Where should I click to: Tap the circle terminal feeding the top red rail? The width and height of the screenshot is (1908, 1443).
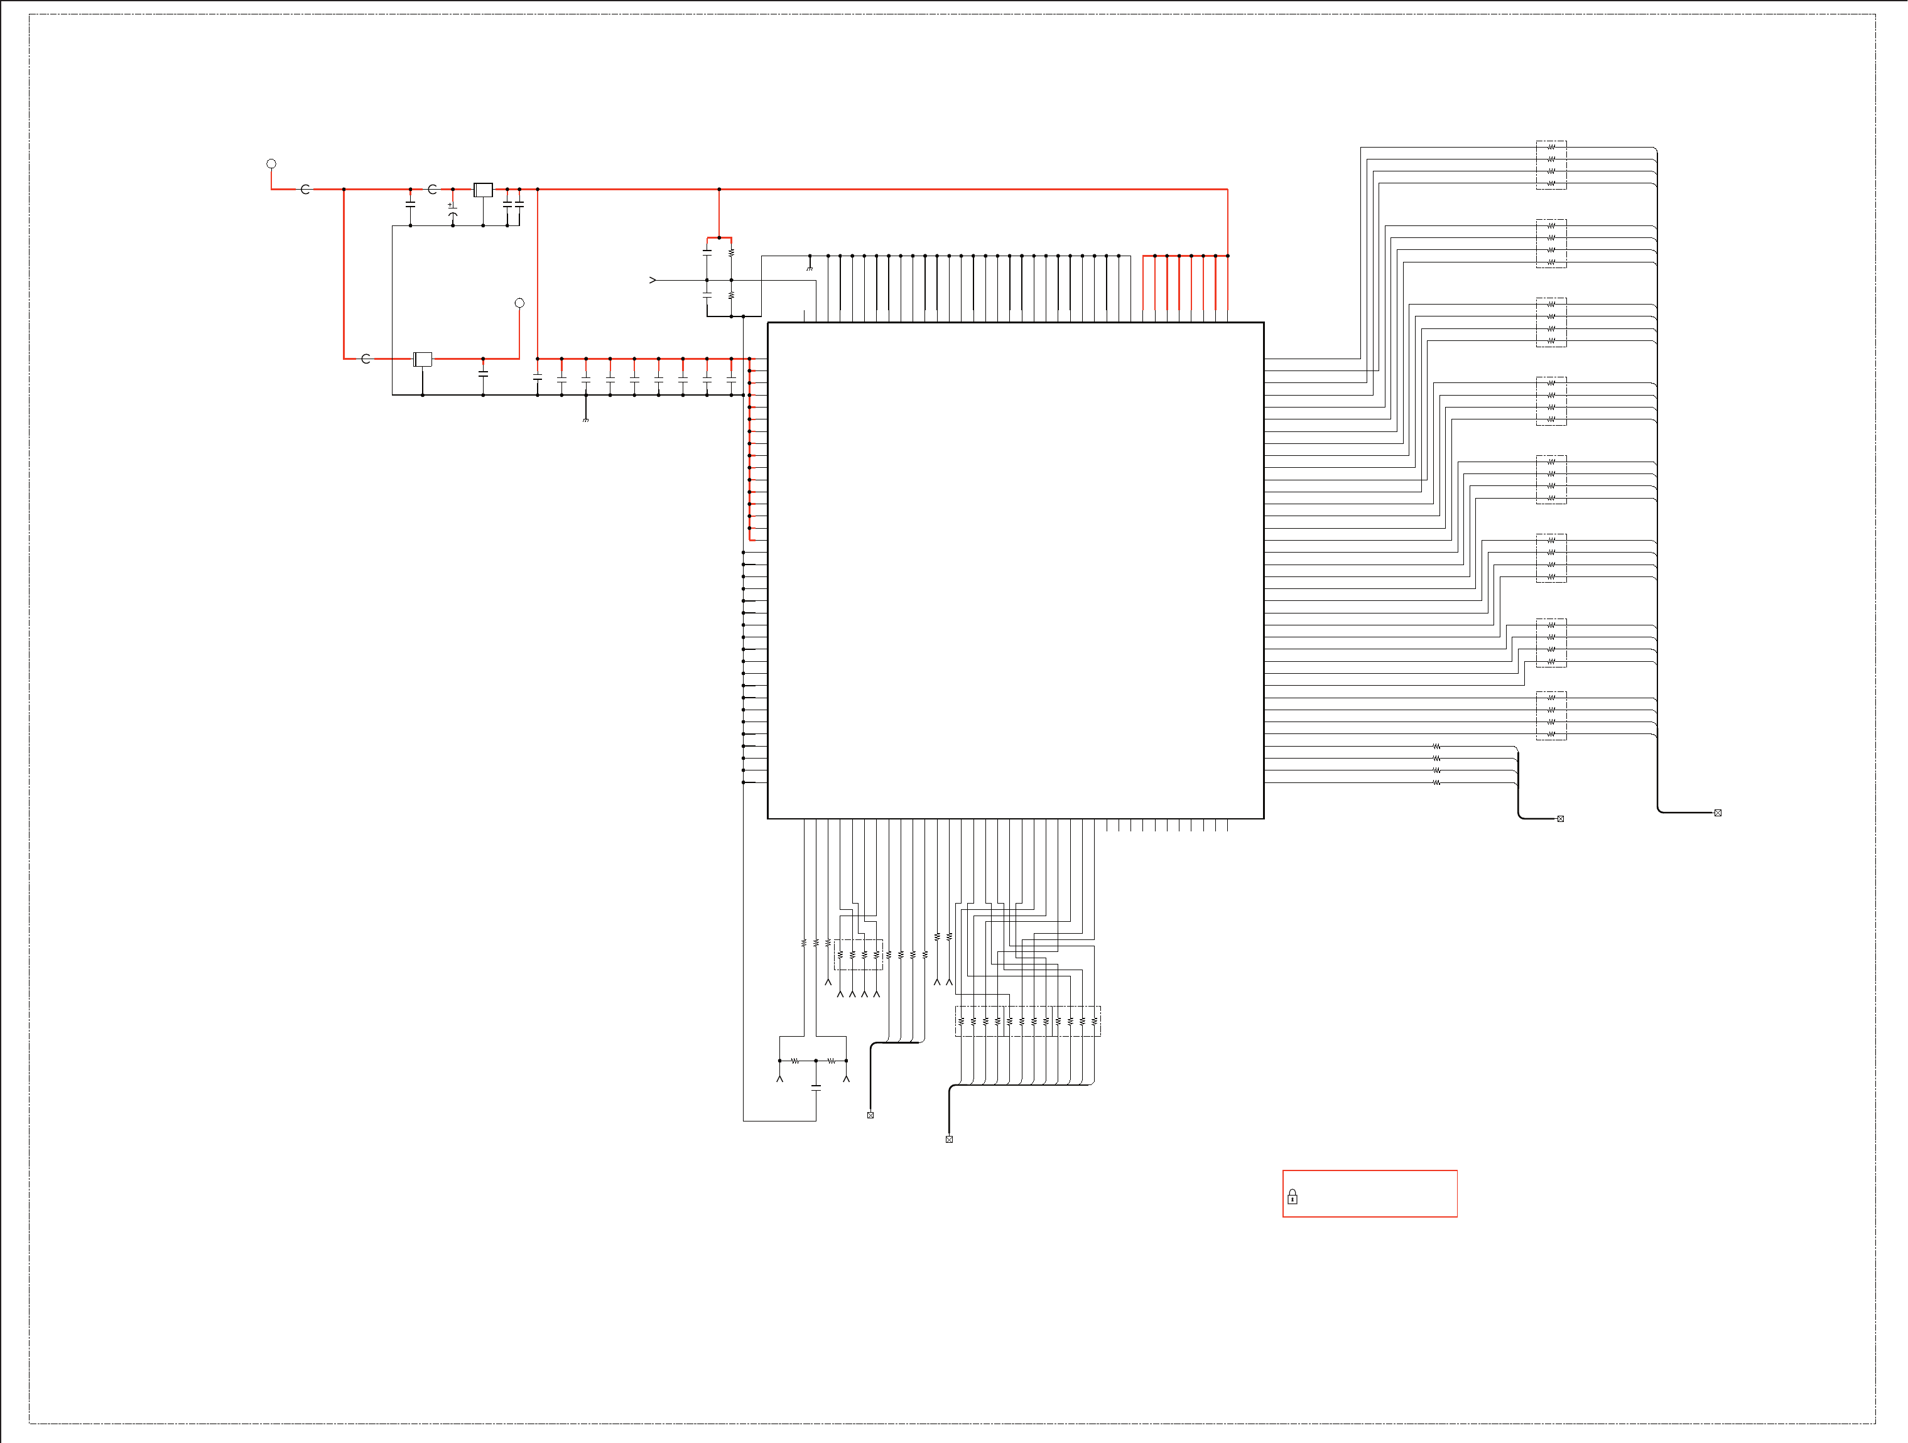(271, 164)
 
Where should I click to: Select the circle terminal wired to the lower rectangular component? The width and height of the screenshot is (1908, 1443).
(519, 303)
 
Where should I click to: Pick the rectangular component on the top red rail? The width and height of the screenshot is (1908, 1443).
(483, 190)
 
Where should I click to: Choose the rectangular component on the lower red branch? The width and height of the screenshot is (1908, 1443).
(423, 359)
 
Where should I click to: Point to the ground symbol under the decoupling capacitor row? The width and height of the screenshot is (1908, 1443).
(586, 419)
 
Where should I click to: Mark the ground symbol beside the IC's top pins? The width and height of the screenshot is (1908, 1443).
(809, 268)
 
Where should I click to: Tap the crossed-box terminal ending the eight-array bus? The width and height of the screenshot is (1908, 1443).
(1717, 813)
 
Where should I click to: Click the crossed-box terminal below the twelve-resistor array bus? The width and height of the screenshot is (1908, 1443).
(949, 1139)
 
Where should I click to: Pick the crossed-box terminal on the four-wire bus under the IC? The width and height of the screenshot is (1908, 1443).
(870, 1115)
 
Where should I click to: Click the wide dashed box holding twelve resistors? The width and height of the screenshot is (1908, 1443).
(1027, 1021)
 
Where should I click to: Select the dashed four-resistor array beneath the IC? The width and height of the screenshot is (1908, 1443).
(859, 955)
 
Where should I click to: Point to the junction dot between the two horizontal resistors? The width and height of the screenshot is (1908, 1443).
(816, 1061)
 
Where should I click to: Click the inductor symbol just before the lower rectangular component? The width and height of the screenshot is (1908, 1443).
(366, 359)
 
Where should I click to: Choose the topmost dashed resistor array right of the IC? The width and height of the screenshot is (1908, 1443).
(1551, 165)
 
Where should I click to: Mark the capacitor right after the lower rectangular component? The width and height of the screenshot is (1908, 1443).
(483, 374)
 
